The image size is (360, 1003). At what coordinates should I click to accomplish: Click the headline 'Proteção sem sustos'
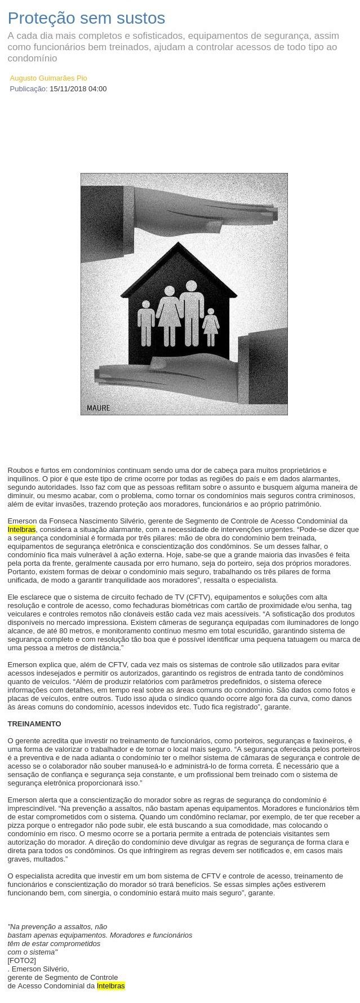tap(86, 19)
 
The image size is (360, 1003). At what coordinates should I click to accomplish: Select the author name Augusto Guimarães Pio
tap(48, 78)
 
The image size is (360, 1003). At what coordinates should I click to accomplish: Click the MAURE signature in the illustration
tap(99, 407)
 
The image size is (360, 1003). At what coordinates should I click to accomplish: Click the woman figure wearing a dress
tap(169, 316)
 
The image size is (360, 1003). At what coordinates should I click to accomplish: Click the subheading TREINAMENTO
tap(34, 724)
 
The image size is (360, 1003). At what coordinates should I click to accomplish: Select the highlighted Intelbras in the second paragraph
tap(21, 529)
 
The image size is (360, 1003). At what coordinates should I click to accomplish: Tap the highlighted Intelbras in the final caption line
tap(111, 986)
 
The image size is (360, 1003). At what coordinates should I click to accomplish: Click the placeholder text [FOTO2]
tap(21, 960)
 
